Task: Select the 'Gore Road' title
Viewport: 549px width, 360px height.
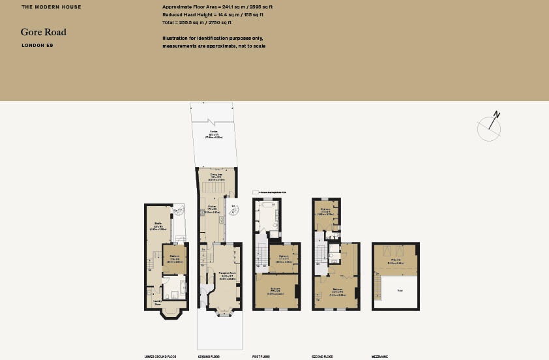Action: click(x=43, y=32)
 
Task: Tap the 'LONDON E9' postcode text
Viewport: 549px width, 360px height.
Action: click(x=37, y=46)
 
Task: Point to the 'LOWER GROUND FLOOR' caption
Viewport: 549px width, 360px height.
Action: click(x=160, y=357)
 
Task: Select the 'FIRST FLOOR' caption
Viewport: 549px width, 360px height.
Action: click(x=261, y=357)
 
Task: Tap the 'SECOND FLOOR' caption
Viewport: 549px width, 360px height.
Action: click(x=323, y=357)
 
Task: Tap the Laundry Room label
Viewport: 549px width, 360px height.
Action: click(x=157, y=302)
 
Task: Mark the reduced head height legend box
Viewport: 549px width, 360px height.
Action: click(x=255, y=192)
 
